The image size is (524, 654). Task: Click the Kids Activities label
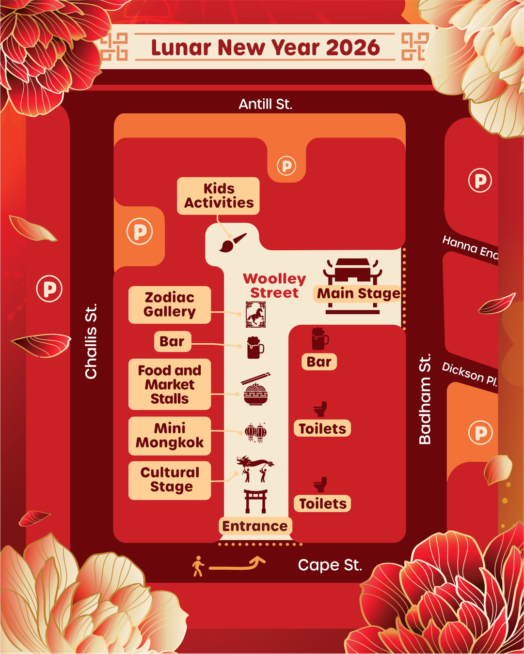[x=218, y=196]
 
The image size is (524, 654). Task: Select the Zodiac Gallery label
[x=170, y=304]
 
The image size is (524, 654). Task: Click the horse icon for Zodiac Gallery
[x=255, y=315]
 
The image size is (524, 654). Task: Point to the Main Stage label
[x=358, y=293]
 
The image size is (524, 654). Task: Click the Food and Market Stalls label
[x=170, y=384]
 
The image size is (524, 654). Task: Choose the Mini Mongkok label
[x=170, y=436]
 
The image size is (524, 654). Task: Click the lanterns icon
[x=255, y=432]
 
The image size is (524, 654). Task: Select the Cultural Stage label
[x=170, y=480]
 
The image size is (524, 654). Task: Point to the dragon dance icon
[x=255, y=468]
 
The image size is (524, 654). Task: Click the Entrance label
[x=255, y=526]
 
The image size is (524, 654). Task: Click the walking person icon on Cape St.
[x=198, y=566]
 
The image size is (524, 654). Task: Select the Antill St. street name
[x=265, y=104]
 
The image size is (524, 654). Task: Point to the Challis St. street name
[x=91, y=341]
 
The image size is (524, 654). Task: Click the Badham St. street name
[x=425, y=399]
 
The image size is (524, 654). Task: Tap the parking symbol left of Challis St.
[x=49, y=289]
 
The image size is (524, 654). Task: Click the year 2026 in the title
[x=353, y=47]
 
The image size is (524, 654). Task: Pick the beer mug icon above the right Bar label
[x=319, y=339]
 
